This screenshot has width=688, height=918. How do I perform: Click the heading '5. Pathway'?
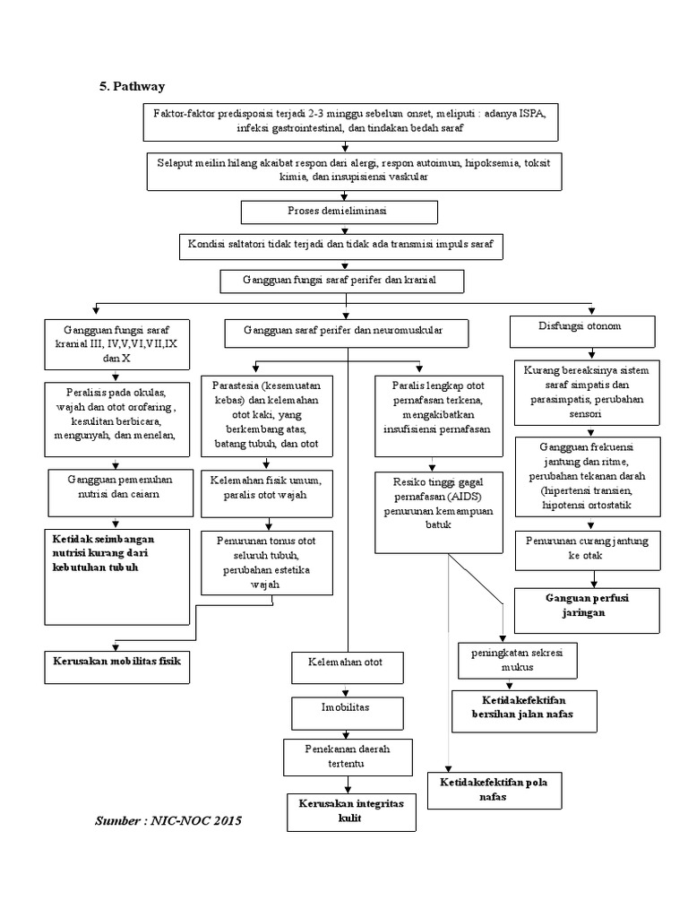pyautogui.click(x=132, y=86)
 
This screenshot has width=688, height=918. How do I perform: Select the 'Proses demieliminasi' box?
pyautogui.click(x=340, y=212)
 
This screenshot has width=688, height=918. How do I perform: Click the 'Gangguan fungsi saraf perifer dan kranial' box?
pyautogui.click(x=342, y=281)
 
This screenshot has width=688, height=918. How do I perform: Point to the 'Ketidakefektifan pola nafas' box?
pyautogui.click(x=494, y=790)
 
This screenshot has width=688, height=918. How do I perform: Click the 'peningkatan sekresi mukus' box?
pyautogui.click(x=517, y=660)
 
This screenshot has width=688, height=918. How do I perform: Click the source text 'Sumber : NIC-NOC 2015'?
pyautogui.click(x=168, y=821)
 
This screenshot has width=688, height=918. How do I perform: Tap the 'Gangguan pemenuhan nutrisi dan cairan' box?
pyautogui.click(x=118, y=488)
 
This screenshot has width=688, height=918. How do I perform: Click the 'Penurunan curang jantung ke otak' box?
pyautogui.click(x=588, y=548)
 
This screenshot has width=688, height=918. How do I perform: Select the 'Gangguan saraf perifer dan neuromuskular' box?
pyautogui.click(x=346, y=333)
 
